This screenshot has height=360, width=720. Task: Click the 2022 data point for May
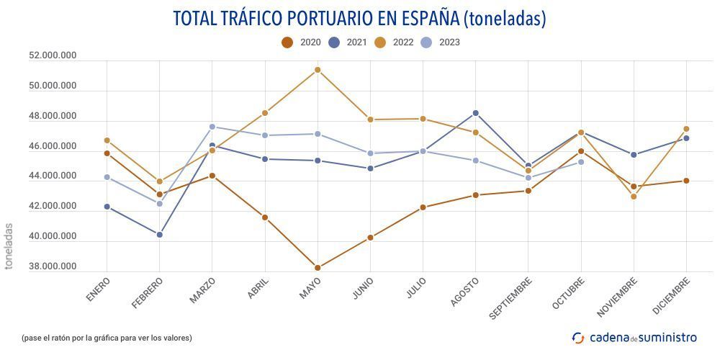(318, 70)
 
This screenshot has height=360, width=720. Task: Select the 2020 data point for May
(318, 268)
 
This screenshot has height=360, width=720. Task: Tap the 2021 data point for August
(475, 113)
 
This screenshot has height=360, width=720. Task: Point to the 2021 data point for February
(159, 235)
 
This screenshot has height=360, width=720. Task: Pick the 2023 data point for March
(212, 127)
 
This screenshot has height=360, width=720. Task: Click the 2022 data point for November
(634, 197)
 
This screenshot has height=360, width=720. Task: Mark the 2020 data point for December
(686, 181)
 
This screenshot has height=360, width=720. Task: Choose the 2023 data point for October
(581, 162)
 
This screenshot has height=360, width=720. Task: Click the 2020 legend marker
(287, 42)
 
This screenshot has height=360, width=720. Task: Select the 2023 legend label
(449, 42)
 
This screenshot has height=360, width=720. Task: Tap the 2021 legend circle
(334, 42)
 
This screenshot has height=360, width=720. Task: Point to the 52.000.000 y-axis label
(53, 56)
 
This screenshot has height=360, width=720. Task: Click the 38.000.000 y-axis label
(53, 267)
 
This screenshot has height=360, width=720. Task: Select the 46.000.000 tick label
(53, 147)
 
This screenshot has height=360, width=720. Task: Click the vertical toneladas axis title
(9, 246)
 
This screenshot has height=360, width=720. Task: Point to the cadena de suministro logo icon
(578, 337)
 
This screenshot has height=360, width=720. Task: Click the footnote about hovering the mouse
(107, 338)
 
